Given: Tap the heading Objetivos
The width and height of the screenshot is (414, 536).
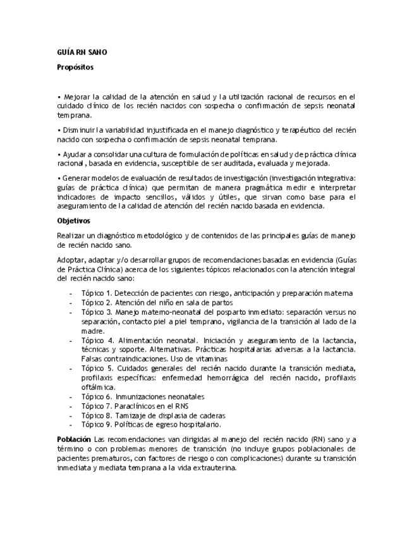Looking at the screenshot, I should point(74,221).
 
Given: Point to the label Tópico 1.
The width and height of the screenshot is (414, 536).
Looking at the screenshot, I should point(96,293).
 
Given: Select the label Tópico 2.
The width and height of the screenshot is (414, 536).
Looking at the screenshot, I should point(96,303).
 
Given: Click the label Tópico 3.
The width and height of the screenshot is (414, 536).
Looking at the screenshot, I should point(96,312).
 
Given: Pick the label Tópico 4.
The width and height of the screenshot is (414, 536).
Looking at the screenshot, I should point(96,340).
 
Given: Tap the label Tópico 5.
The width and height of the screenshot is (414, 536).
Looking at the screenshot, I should point(96,368).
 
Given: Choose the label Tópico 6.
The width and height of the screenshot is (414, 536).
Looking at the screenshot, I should point(96,396).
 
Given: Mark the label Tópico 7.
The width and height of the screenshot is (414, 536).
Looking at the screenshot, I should point(96,406).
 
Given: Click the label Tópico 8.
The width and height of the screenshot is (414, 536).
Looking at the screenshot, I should point(96,415).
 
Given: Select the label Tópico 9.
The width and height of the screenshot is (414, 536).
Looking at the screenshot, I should point(96,425).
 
